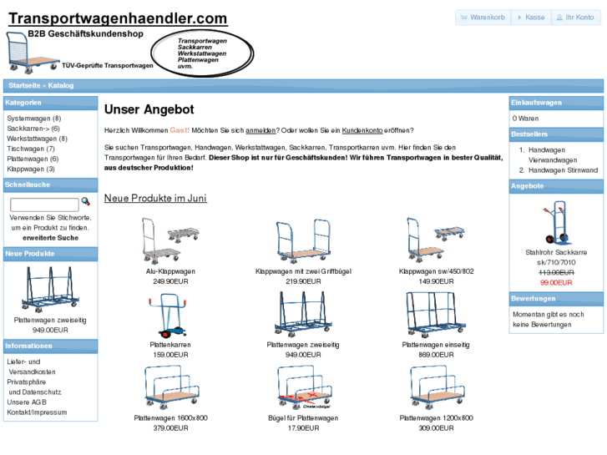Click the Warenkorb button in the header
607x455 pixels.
[483, 18]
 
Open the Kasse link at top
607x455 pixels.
[531, 18]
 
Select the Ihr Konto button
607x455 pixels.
[575, 18]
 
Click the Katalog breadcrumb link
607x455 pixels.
[61, 85]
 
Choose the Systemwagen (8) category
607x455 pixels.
[33, 119]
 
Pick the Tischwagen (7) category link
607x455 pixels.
[31, 149]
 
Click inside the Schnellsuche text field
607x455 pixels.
[44, 205]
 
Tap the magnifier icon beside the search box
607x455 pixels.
[85, 202]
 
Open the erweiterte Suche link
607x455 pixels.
[50, 238]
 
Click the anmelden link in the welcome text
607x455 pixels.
[261, 130]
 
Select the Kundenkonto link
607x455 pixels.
[362, 130]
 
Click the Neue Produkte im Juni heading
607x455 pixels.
[155, 199]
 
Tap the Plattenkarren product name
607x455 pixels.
[170, 345]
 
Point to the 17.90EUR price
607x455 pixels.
[303, 428]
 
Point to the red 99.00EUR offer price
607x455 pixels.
[556, 282]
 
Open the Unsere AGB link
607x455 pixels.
[28, 402]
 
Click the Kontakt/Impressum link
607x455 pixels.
[37, 412]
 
